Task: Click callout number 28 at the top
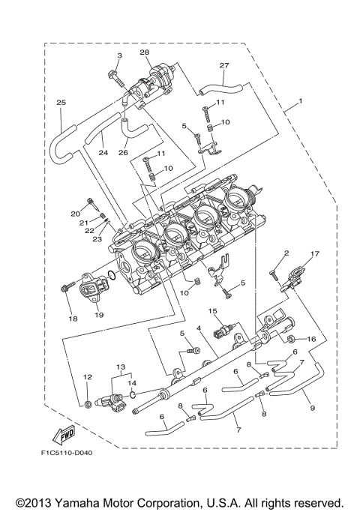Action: point(145,52)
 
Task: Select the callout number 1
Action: point(300,100)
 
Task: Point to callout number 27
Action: point(223,66)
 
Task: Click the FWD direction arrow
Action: point(61,433)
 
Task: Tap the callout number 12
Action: point(87,376)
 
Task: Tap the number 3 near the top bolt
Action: point(118,56)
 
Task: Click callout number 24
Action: point(103,153)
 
